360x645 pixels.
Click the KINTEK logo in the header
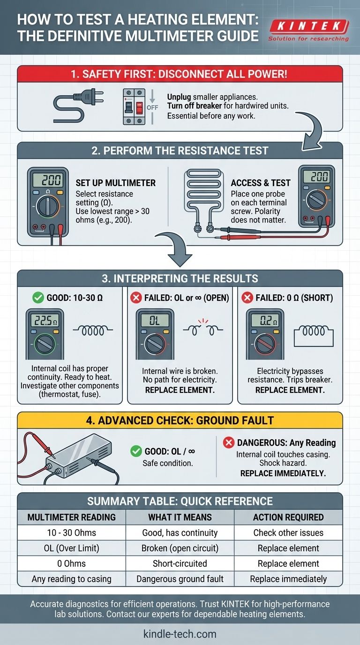pyautogui.click(x=309, y=30)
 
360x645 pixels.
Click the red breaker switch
pyautogui.click(x=139, y=108)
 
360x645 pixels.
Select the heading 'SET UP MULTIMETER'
pyautogui.click(x=115, y=183)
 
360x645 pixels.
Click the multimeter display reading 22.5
pyautogui.click(x=45, y=321)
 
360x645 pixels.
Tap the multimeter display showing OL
pyautogui.click(x=155, y=321)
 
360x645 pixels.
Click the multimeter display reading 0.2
pyautogui.click(x=265, y=321)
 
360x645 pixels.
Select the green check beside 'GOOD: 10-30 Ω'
pyautogui.click(x=38, y=298)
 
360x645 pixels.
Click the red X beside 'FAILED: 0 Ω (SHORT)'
pyautogui.click(x=247, y=298)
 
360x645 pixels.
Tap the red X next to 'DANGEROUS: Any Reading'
pyautogui.click(x=229, y=442)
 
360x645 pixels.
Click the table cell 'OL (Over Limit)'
pyautogui.click(x=71, y=548)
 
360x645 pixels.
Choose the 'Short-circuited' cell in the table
pyautogui.click(x=180, y=563)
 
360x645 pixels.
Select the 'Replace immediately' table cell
pyautogui.click(x=288, y=579)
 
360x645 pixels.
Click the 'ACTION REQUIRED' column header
pyautogui.click(x=288, y=517)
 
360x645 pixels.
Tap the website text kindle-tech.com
pyautogui.click(x=180, y=634)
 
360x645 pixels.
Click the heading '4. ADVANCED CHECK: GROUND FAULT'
pyautogui.click(x=180, y=420)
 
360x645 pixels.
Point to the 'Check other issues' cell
pyautogui.click(x=288, y=532)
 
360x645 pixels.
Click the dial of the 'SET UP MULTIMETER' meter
pyautogui.click(x=48, y=206)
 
